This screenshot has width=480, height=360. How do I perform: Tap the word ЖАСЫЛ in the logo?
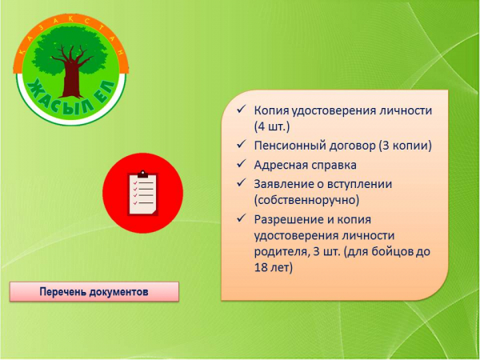click(x=59, y=98)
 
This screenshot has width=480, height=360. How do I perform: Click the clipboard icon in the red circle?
click(x=142, y=193)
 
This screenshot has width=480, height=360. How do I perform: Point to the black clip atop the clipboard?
click(x=142, y=174)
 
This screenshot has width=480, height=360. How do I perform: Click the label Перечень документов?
click(x=94, y=292)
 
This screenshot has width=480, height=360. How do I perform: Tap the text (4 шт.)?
click(x=272, y=126)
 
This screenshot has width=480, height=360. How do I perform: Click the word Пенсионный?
click(x=290, y=146)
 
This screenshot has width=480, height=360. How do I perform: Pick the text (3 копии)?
click(x=405, y=146)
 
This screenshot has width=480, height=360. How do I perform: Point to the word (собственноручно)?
click(x=306, y=200)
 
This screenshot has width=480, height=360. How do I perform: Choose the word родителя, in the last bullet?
click(x=281, y=252)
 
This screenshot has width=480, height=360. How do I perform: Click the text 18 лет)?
click(x=274, y=267)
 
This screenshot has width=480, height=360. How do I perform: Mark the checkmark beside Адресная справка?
click(x=242, y=164)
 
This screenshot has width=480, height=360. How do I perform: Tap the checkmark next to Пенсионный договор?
click(x=242, y=145)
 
